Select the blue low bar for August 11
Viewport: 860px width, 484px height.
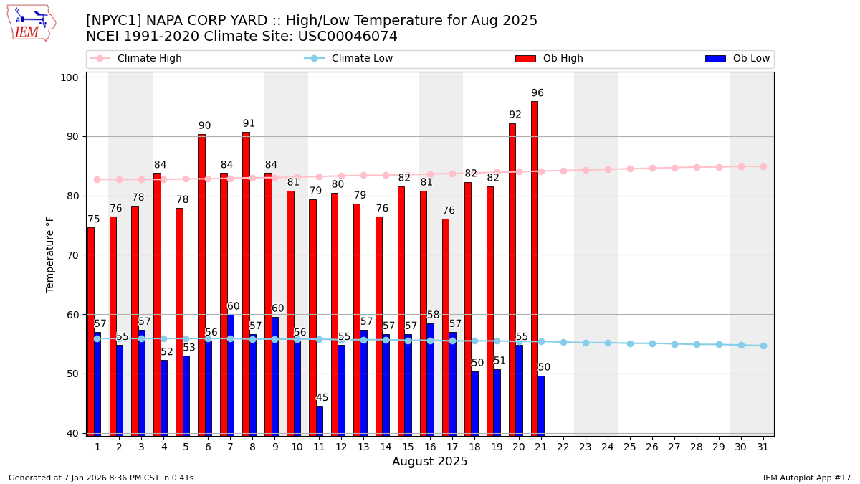click(x=319, y=420)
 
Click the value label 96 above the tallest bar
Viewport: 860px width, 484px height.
click(x=537, y=93)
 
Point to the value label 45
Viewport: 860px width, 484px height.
click(x=322, y=398)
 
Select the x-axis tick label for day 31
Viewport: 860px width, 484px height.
click(x=763, y=447)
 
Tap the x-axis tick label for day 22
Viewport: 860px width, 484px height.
click(x=563, y=447)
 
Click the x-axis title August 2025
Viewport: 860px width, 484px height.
click(x=429, y=462)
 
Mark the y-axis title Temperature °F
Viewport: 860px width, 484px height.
click(x=50, y=254)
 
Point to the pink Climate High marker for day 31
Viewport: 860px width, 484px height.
click(x=763, y=166)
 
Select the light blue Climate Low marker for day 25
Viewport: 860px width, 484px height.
click(x=630, y=343)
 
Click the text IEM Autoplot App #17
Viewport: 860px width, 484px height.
click(x=807, y=478)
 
